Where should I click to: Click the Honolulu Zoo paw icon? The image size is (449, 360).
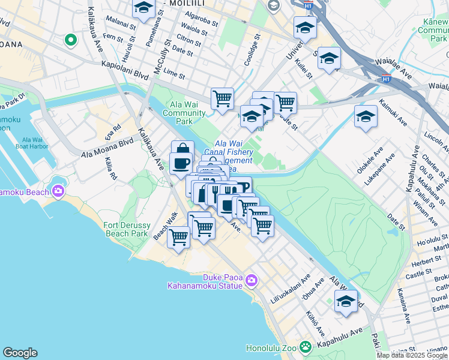click(306, 347)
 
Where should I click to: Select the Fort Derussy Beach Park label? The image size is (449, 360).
click(125, 229)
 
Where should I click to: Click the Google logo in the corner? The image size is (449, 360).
click(20, 353)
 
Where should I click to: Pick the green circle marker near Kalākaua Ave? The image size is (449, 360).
click(70, 40)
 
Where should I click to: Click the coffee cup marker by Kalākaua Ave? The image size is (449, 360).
click(181, 163)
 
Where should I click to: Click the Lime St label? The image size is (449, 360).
click(174, 73)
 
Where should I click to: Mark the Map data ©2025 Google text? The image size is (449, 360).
click(412, 355)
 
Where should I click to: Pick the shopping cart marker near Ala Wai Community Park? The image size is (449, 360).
click(222, 98)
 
